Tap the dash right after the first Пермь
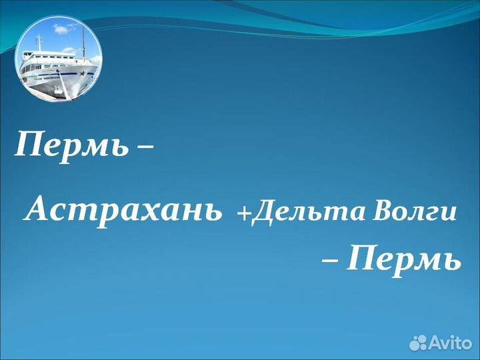tap(144, 147)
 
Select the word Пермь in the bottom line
tap(404, 259)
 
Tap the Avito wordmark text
tap(449, 343)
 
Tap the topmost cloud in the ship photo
tap(61, 29)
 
